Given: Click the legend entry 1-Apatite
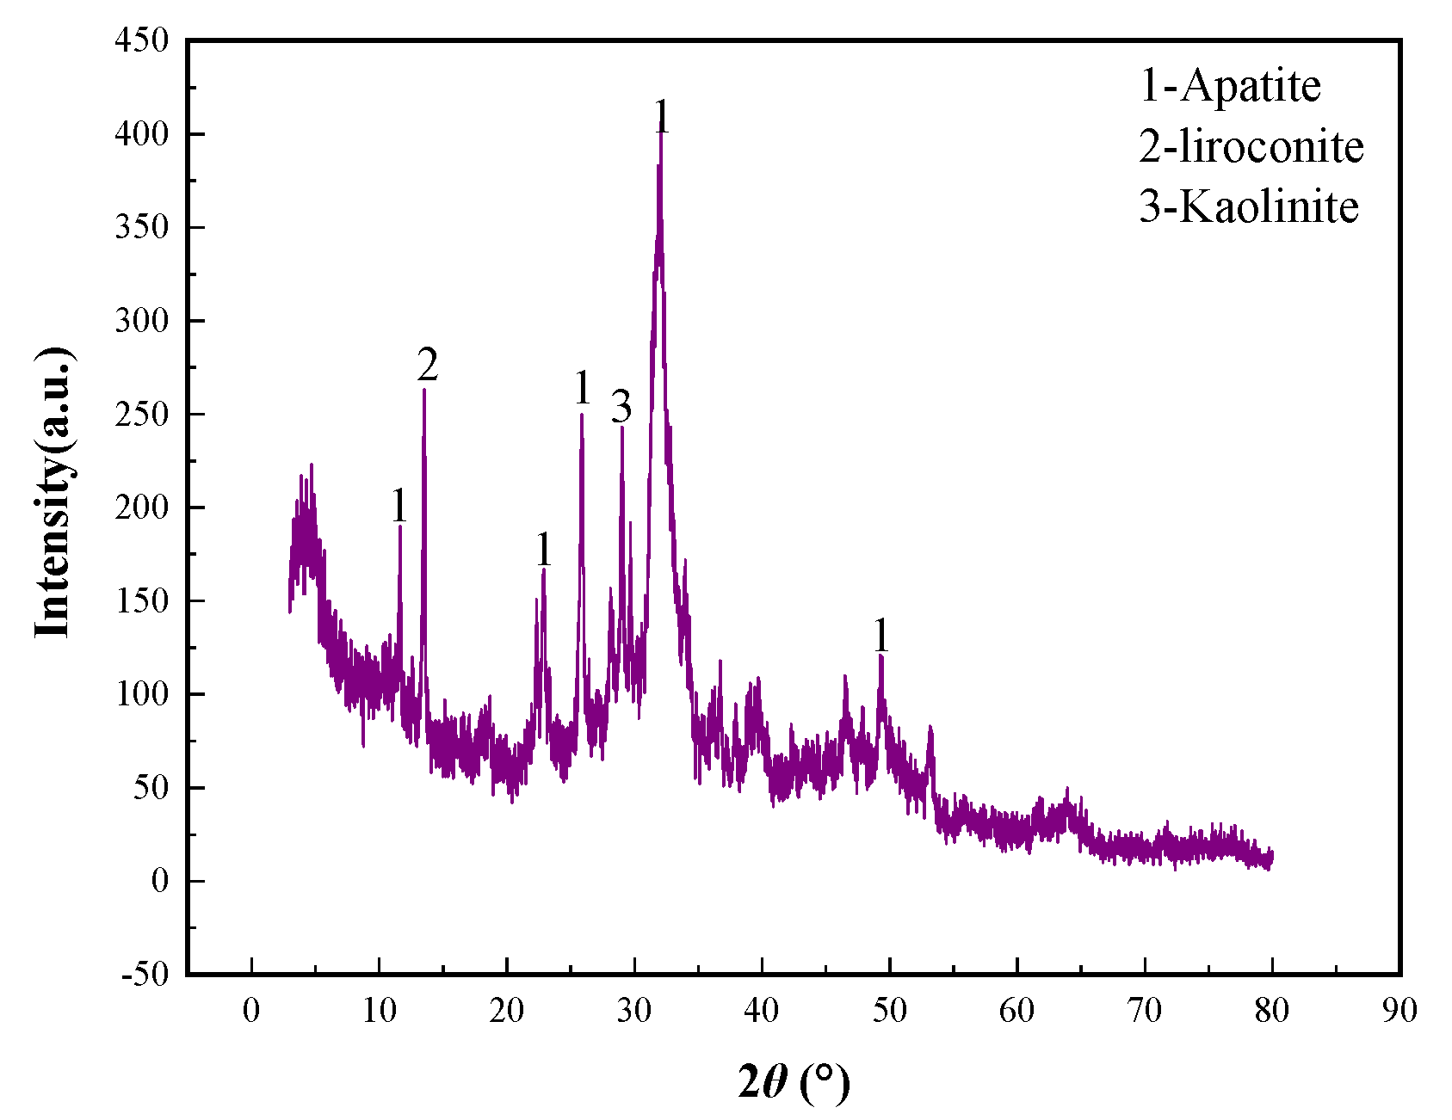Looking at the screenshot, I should (1230, 86).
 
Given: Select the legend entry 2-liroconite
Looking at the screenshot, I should (1251, 146).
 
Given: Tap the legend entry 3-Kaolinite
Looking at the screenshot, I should (1248, 206).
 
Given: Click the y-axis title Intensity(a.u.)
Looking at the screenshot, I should (53, 492).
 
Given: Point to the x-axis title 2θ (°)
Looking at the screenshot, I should (793, 1081).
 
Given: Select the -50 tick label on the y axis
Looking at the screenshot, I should (145, 975).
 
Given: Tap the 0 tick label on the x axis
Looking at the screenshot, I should (251, 1010).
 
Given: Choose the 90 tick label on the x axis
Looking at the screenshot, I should (1399, 1010).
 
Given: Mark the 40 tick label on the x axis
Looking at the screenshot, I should (762, 1010).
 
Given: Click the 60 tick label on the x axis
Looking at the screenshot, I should (1016, 1010).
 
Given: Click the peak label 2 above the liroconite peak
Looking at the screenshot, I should (428, 365).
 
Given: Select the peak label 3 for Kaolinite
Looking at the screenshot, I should (621, 406).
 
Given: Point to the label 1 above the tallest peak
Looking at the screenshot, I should (661, 117).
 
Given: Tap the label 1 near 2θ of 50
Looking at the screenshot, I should (880, 637).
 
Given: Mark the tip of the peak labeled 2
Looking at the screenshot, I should (424, 390).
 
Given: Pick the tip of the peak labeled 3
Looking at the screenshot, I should (622, 427).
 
